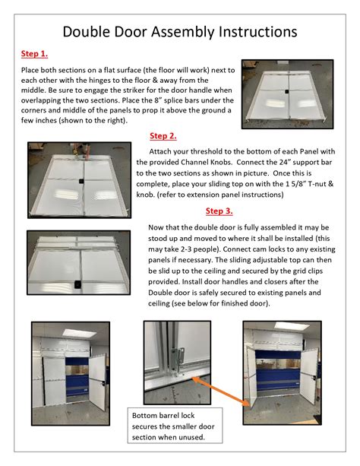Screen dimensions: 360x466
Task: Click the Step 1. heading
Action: pyautogui.click(x=34, y=54)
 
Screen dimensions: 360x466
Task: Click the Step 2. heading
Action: pyautogui.click(x=163, y=136)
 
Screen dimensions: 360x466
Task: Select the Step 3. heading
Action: pyautogui.click(x=219, y=211)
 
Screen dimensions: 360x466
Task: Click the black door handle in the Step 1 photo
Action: pyautogui.click(x=287, y=91)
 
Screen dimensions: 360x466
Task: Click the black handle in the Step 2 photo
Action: pyautogui.click(x=82, y=181)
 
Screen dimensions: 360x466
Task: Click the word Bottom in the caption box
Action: pyautogui.click(x=144, y=416)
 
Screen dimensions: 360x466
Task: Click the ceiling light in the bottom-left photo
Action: pyautogui.click(x=79, y=333)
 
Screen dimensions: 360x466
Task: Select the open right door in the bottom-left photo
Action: pyautogui.click(x=96, y=382)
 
